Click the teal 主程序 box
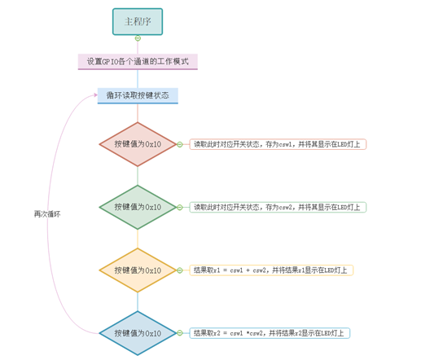coord(138,22)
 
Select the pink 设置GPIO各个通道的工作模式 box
coord(138,61)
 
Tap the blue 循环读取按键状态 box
coord(138,95)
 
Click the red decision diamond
coord(138,144)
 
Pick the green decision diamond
coord(138,207)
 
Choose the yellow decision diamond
coord(138,270)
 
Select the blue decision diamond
coord(138,333)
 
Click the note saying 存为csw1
coord(278,144)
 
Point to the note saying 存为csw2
coord(278,207)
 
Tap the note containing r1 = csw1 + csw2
coord(271,270)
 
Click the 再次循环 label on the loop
coord(47,214)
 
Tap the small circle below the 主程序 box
coord(138,38)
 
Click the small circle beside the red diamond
coord(180,144)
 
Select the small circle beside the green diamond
coord(180,207)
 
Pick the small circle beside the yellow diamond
coord(180,270)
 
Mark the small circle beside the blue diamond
coord(180,333)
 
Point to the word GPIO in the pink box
coord(112,61)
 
